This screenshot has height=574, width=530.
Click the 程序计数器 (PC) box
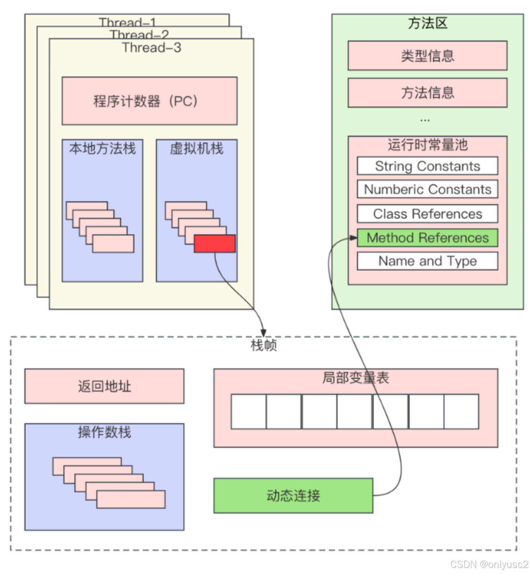[149, 101]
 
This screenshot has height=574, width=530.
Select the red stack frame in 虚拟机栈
[215, 244]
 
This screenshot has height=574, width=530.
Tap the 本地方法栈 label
[102, 149]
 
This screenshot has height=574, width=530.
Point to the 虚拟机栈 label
[196, 149]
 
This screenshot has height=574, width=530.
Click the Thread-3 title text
[151, 48]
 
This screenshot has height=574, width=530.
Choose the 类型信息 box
[427, 56]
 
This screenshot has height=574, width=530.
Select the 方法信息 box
[427, 93]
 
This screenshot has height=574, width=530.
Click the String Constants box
[427, 166]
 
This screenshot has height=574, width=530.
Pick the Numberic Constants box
[427, 189]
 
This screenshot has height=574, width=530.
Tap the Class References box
[427, 214]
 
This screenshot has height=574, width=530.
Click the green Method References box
[427, 238]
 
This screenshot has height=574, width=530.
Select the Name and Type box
[427, 261]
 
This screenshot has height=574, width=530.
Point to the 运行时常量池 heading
[427, 145]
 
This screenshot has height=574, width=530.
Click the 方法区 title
[427, 23]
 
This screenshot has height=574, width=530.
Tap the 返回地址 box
[104, 386]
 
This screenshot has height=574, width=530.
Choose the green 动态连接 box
[293, 495]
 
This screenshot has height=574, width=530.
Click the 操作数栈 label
[104, 432]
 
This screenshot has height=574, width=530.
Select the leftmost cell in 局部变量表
[248, 412]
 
